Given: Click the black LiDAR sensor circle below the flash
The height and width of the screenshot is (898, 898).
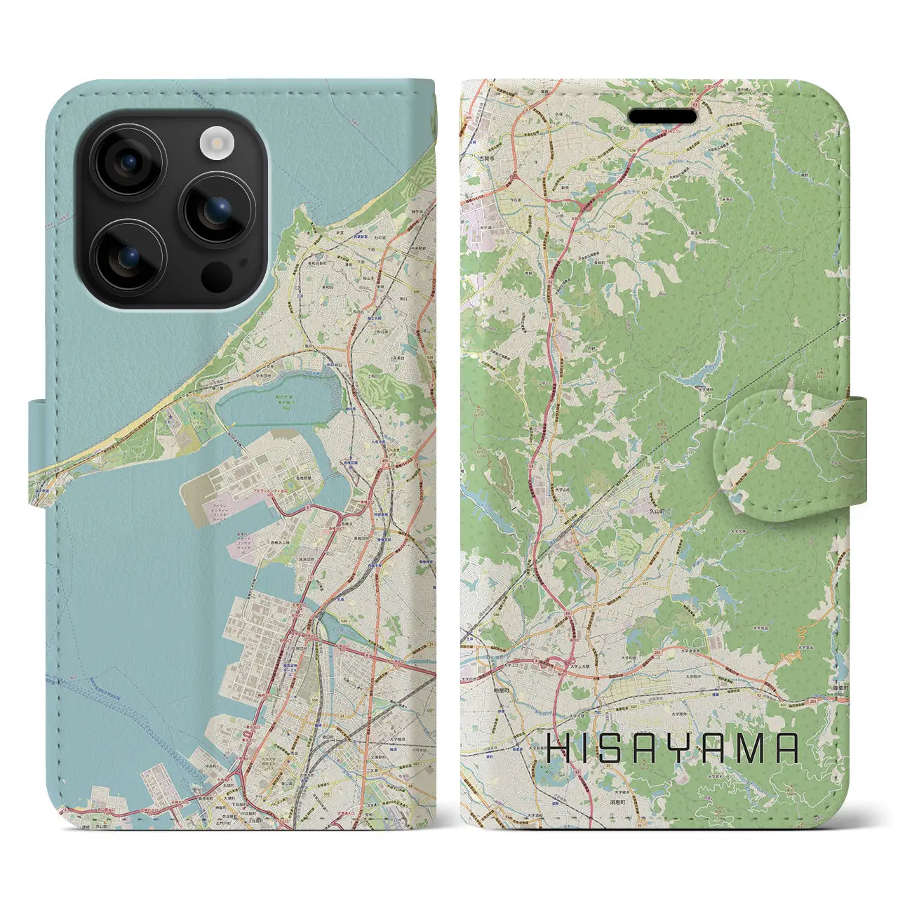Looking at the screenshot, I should coord(216,276).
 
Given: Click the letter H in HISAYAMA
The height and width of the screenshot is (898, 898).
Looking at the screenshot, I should coord(559,749).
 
